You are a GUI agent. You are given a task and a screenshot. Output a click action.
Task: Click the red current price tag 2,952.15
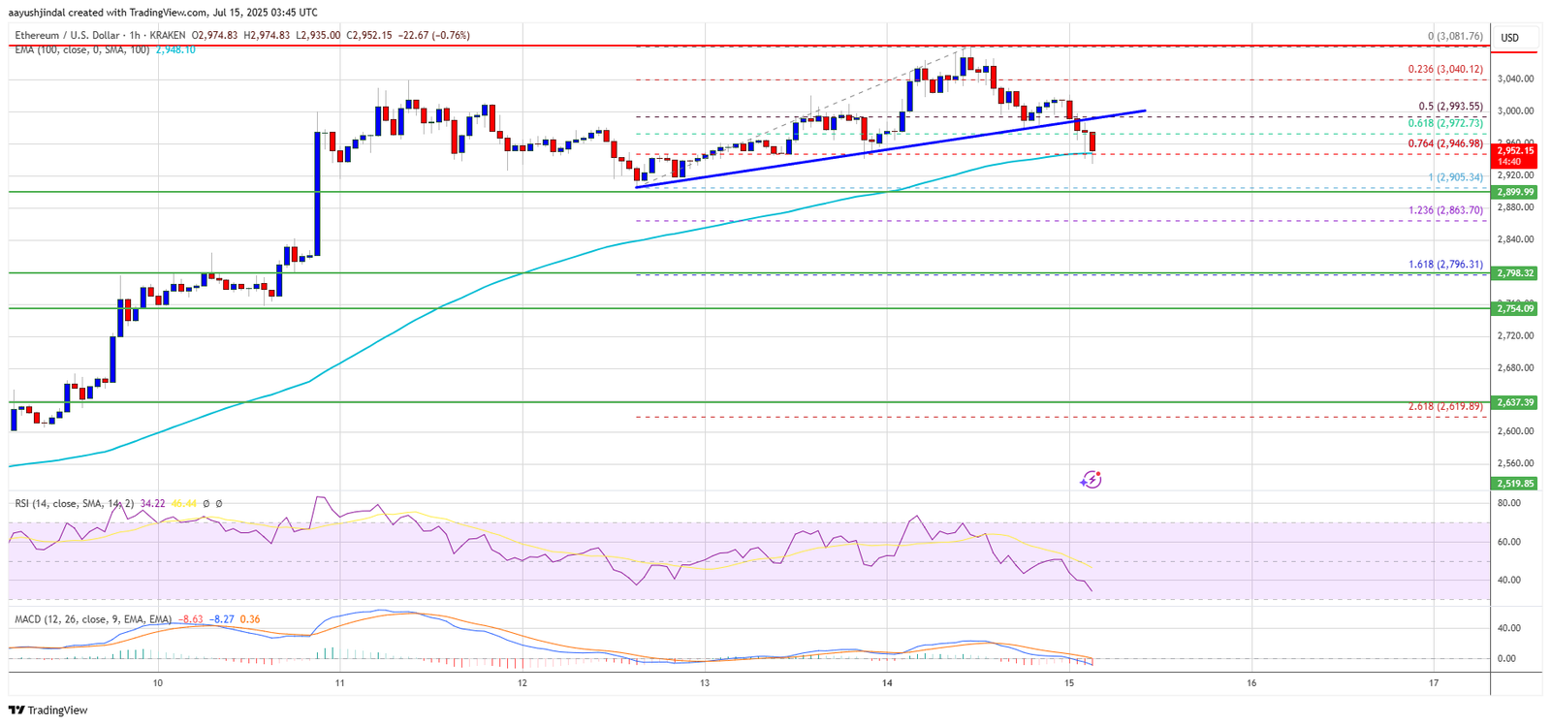[x=1515, y=150]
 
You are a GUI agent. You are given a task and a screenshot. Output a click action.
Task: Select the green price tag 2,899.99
[x=1515, y=192]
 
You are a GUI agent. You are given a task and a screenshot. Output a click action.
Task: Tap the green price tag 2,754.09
[x=1515, y=308]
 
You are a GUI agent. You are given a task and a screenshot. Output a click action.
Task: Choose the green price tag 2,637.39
[x=1515, y=402]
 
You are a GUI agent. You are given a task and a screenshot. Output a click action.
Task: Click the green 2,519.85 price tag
[x=1515, y=483]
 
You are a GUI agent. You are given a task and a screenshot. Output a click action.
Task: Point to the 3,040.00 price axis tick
[x=1515, y=79]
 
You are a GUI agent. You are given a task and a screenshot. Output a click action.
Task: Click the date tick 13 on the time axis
[x=705, y=683]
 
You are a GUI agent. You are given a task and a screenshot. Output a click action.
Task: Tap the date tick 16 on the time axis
[x=1251, y=683]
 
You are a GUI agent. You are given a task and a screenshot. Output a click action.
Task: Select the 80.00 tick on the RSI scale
[x=1508, y=503]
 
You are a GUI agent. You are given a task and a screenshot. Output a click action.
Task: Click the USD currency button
[x=1510, y=38]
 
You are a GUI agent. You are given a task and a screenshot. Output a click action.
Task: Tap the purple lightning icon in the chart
[x=1092, y=479]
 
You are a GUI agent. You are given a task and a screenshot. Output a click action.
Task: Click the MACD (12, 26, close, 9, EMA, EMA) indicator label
[x=93, y=619]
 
